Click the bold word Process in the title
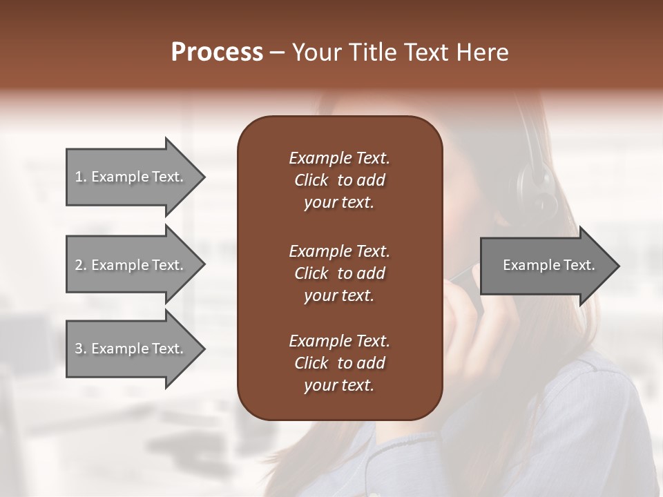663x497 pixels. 217,52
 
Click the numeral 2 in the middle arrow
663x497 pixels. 79,265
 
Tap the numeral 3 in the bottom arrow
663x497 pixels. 79,349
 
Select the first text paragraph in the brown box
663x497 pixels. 339,180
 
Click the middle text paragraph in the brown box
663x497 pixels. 339,273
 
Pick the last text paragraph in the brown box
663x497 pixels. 339,363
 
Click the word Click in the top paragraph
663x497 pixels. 311,180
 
